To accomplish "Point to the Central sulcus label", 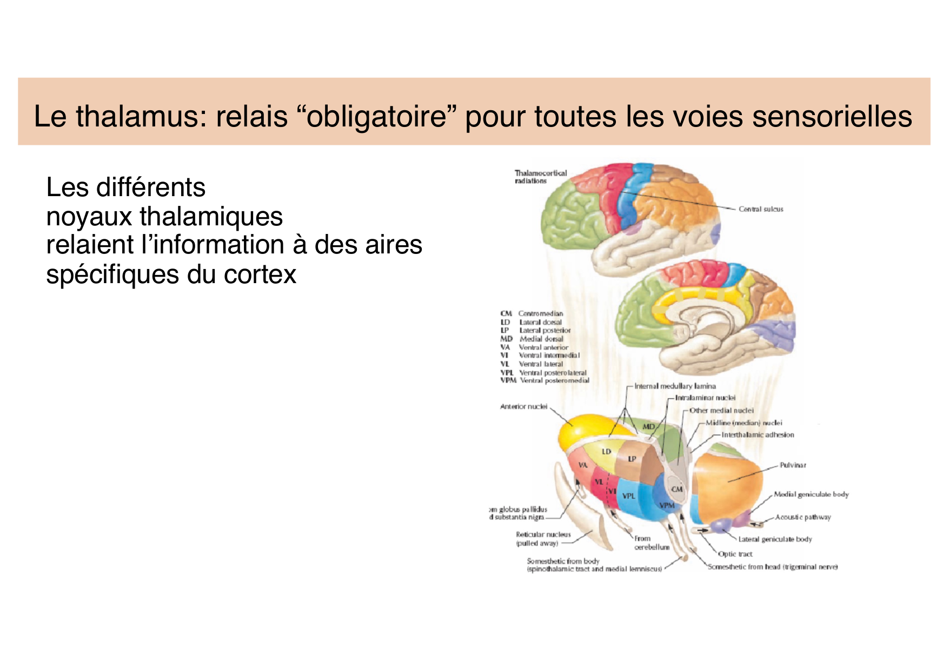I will (x=761, y=209).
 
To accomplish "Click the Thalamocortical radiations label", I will (x=540, y=177).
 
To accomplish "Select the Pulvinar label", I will (x=793, y=465).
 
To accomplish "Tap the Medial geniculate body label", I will (x=811, y=494).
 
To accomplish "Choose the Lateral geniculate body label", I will (x=775, y=539).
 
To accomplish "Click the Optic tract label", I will (x=735, y=554).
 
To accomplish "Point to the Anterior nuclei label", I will (x=523, y=406).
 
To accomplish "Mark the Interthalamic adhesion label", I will (x=758, y=435).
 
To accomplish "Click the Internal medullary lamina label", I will (x=675, y=386).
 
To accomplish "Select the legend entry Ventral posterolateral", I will (x=553, y=373).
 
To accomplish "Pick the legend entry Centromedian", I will (x=540, y=313).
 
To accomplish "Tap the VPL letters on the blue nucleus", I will (x=628, y=496).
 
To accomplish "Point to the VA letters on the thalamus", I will (x=583, y=465).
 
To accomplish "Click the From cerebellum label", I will (x=651, y=543).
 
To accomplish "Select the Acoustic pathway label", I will (x=803, y=518).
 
